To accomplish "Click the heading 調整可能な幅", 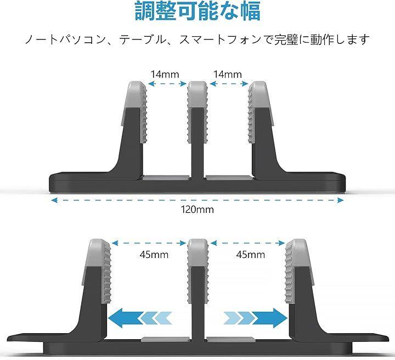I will pyautogui.click(x=198, y=12).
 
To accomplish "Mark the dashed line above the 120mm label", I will pyautogui.click(x=198, y=200).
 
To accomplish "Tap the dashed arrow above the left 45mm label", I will pyautogui.click(x=149, y=242).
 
